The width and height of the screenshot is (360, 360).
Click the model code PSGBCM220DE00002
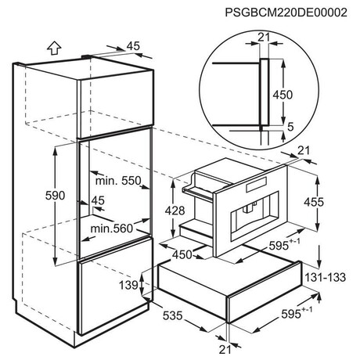click(x=286, y=13)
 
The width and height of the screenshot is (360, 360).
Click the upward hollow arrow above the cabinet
click(x=54, y=48)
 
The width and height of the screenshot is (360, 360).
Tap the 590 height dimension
click(x=55, y=196)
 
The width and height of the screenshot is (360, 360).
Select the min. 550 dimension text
click(x=118, y=181)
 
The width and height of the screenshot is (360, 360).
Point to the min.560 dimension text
click(x=111, y=229)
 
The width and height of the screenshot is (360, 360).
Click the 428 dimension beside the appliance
click(x=175, y=211)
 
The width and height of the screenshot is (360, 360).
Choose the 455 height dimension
click(x=314, y=202)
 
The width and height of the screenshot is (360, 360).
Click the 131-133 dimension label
click(x=326, y=277)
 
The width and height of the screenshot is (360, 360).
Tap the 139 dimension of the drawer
click(x=128, y=285)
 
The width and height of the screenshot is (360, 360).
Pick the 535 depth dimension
click(x=172, y=315)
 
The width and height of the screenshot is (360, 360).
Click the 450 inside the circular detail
click(x=283, y=95)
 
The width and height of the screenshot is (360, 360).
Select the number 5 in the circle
click(x=290, y=127)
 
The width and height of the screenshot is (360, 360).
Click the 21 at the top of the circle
click(x=264, y=38)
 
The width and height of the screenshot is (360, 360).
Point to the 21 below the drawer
click(x=225, y=350)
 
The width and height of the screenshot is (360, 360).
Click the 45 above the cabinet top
click(x=133, y=46)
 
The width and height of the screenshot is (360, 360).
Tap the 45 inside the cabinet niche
click(x=98, y=200)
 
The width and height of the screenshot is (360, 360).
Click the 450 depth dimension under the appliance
click(x=182, y=254)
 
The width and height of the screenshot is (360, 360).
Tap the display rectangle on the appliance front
click(x=256, y=185)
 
